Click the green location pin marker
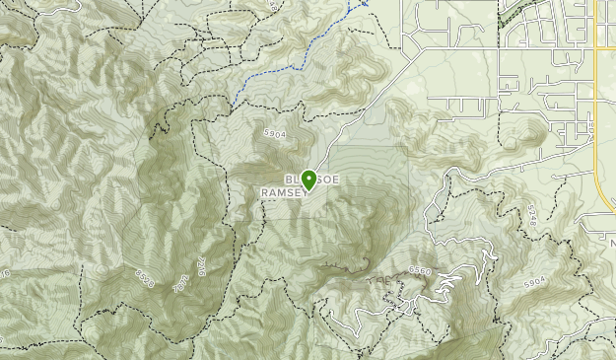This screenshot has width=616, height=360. pos(309,180)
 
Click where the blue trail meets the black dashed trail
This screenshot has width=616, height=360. pos(236,99)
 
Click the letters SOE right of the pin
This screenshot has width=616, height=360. pos(331,179)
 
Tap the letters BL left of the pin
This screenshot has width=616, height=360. pos(292,179)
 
